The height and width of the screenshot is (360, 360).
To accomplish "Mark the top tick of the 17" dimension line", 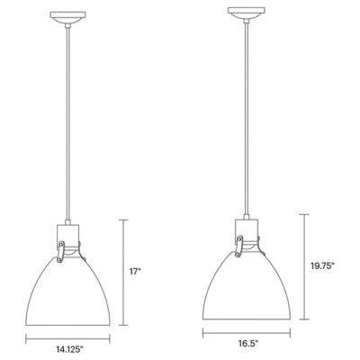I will click(124, 220).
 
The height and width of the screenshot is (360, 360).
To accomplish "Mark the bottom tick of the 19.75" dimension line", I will click(303, 319).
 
